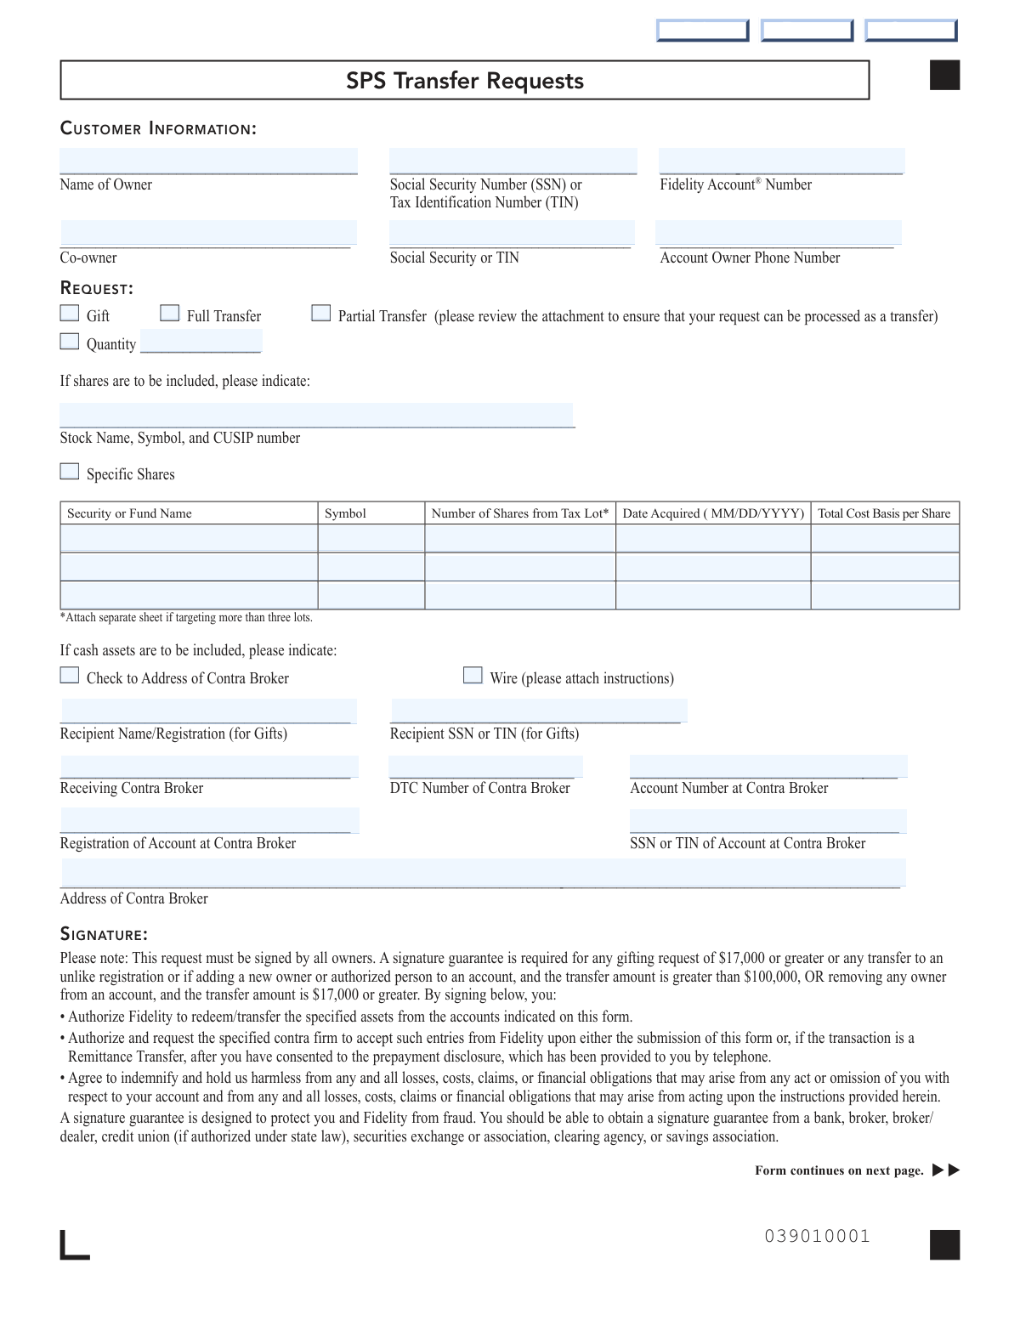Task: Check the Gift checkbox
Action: click(70, 314)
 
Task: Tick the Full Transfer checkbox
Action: click(170, 314)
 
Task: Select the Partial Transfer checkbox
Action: click(321, 314)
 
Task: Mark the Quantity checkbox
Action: click(70, 342)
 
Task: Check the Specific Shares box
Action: click(70, 472)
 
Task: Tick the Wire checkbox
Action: click(473, 676)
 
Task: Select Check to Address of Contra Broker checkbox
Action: click(70, 676)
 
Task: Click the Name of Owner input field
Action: click(208, 161)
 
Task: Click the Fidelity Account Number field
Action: click(781, 161)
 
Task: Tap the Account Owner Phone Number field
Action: click(778, 233)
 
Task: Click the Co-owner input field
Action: click(208, 233)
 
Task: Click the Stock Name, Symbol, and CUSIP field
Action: click(316, 415)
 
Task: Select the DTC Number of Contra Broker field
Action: click(485, 767)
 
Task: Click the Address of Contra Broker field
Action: click(483, 873)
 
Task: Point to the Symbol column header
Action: click(345, 513)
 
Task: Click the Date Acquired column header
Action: click(713, 513)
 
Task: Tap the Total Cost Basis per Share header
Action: click(884, 513)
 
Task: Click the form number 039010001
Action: click(818, 1237)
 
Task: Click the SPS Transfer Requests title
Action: click(465, 81)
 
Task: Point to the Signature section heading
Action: click(104, 935)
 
